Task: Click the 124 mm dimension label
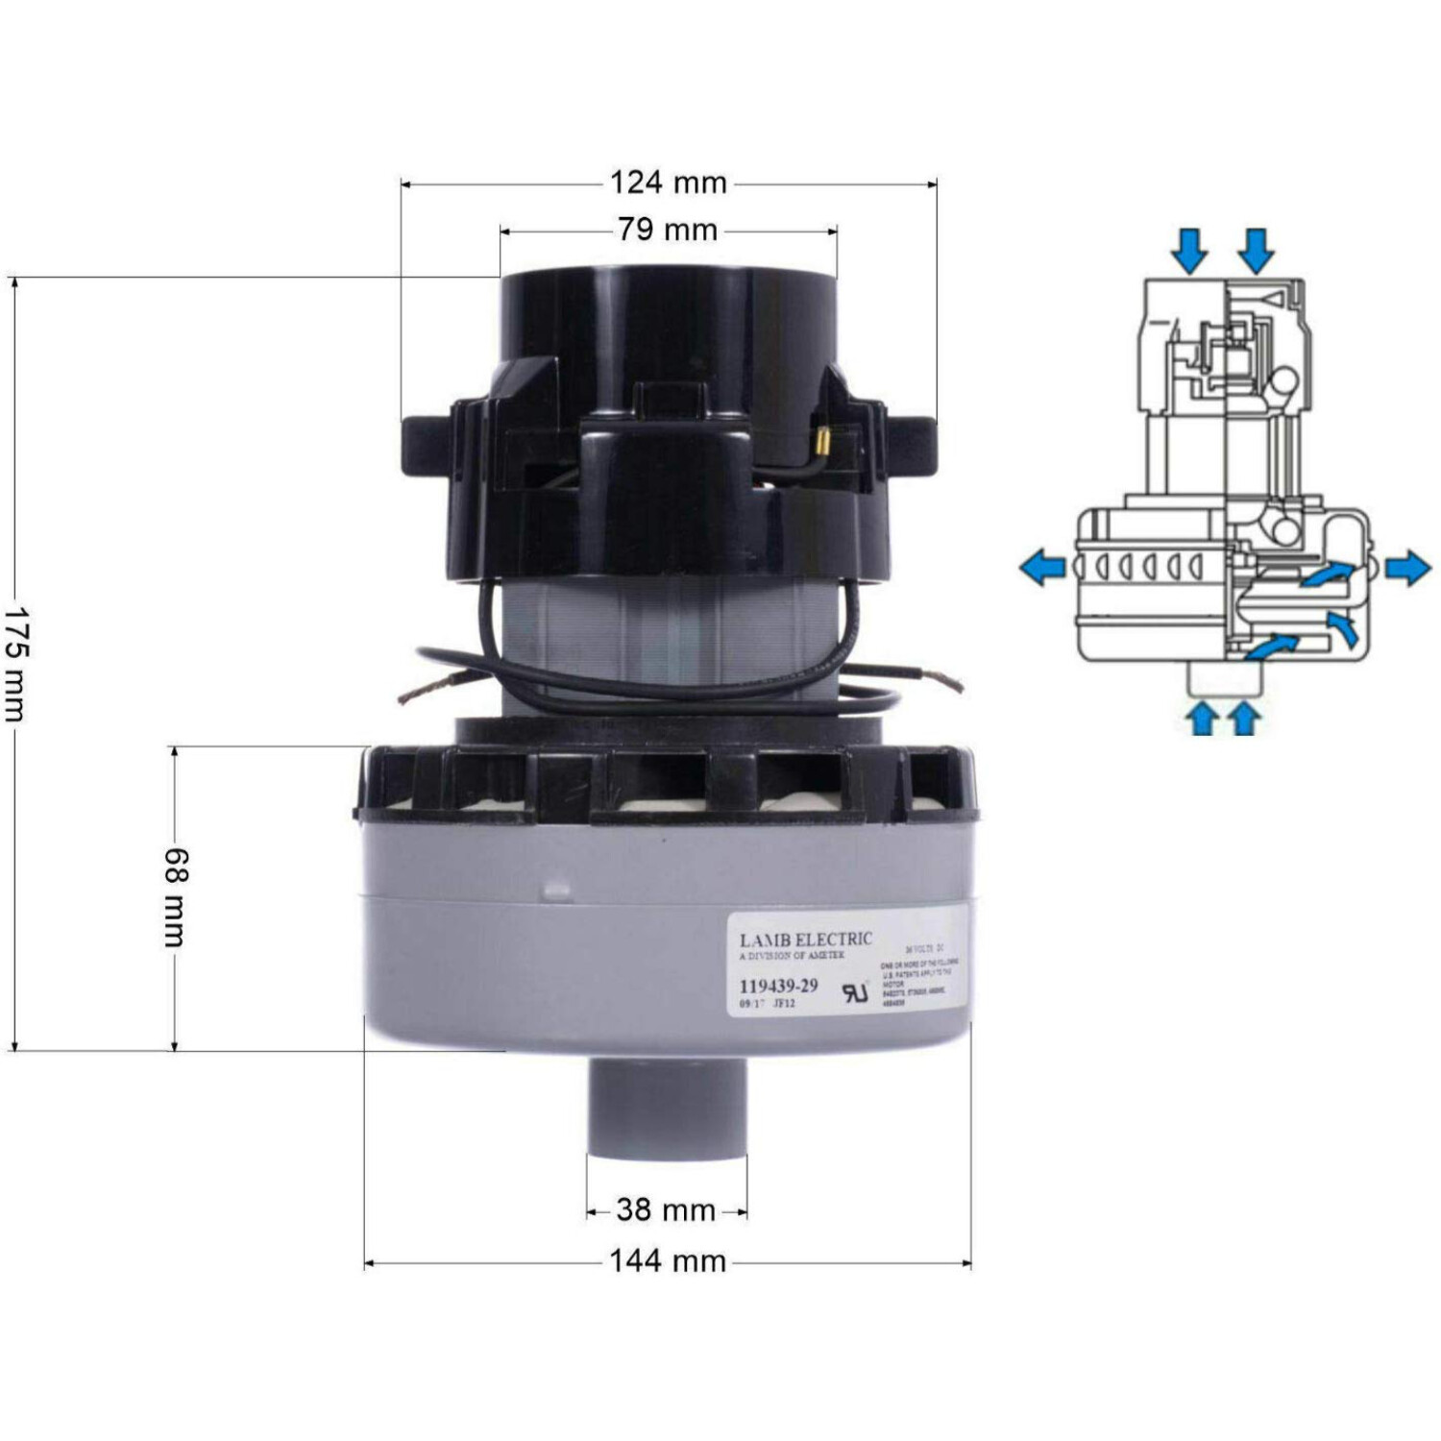click(x=668, y=183)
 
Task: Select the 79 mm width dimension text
click(x=668, y=230)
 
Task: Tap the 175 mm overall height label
click(x=15, y=663)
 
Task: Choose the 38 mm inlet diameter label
click(x=666, y=1209)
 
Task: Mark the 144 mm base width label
click(x=668, y=1260)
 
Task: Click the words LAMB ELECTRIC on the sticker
click(x=805, y=940)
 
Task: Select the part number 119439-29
click(x=778, y=986)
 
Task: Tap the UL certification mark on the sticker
click(x=854, y=992)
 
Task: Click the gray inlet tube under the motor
click(x=667, y=1105)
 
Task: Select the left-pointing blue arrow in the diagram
click(x=1043, y=568)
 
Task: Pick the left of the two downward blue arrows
click(x=1190, y=250)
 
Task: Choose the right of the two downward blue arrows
click(x=1256, y=250)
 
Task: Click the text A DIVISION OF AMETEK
click(x=792, y=957)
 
